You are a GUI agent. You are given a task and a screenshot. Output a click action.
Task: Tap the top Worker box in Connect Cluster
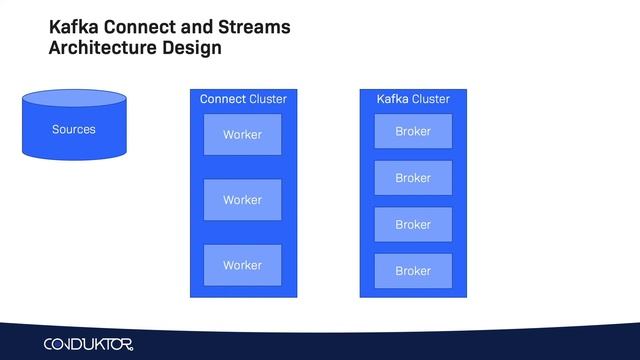click(x=242, y=134)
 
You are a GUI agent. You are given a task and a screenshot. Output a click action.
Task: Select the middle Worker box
click(x=242, y=200)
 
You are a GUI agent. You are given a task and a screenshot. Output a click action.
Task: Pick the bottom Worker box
click(x=242, y=265)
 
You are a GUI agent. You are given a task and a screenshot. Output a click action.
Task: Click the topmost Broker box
click(x=413, y=131)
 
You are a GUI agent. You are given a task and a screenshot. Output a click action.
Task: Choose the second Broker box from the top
click(x=413, y=178)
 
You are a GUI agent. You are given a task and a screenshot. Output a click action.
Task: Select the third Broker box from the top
click(x=413, y=225)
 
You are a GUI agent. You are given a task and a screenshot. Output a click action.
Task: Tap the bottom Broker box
click(x=413, y=271)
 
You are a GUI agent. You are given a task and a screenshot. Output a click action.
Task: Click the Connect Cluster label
click(x=243, y=99)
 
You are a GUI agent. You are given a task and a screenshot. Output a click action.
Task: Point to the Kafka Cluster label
click(x=413, y=99)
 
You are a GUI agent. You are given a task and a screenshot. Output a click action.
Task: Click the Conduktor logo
click(x=88, y=344)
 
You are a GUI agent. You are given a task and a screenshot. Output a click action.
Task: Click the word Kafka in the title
click(x=72, y=27)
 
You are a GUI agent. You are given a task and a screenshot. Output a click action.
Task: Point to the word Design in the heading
click(x=195, y=48)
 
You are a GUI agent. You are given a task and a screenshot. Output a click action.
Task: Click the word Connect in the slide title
click(x=139, y=27)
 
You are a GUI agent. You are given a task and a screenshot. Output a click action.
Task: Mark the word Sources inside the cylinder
click(x=74, y=130)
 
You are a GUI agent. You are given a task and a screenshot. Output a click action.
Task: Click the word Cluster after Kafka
click(x=431, y=99)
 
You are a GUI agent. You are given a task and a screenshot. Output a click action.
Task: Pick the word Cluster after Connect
click(x=268, y=99)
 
